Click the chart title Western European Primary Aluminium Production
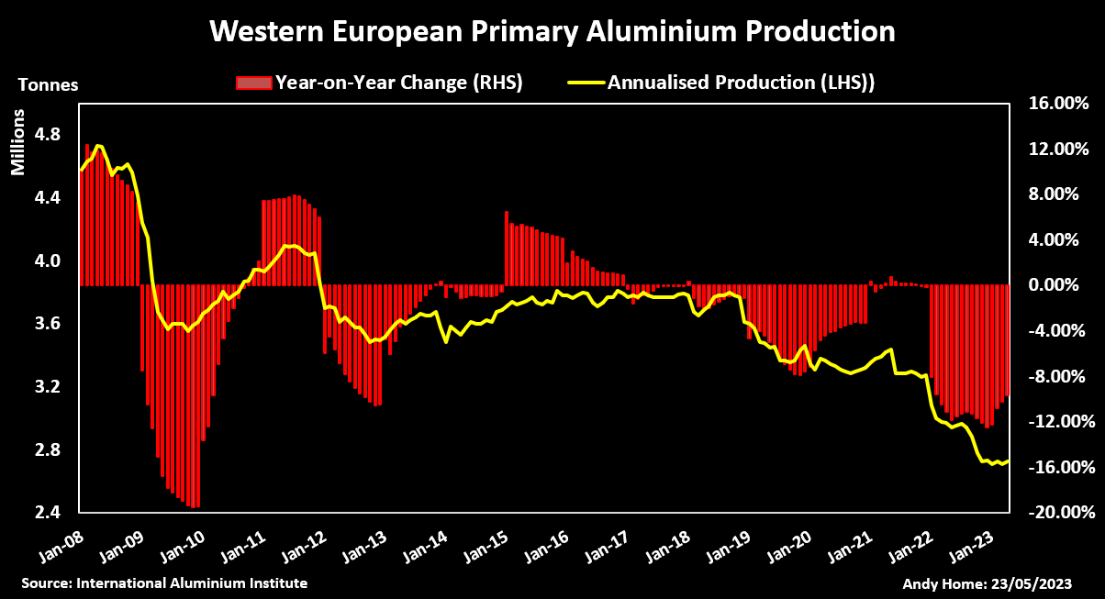[552, 32]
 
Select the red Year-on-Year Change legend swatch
[254, 83]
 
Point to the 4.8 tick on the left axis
[46, 135]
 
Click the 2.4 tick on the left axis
[46, 512]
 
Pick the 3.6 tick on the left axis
[46, 324]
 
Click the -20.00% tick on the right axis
[1056, 512]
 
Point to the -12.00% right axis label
[1056, 422]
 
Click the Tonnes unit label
[49, 84]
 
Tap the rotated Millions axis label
[19, 143]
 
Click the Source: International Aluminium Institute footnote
[164, 583]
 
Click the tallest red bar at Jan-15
[507, 248]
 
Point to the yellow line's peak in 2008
[98, 146]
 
